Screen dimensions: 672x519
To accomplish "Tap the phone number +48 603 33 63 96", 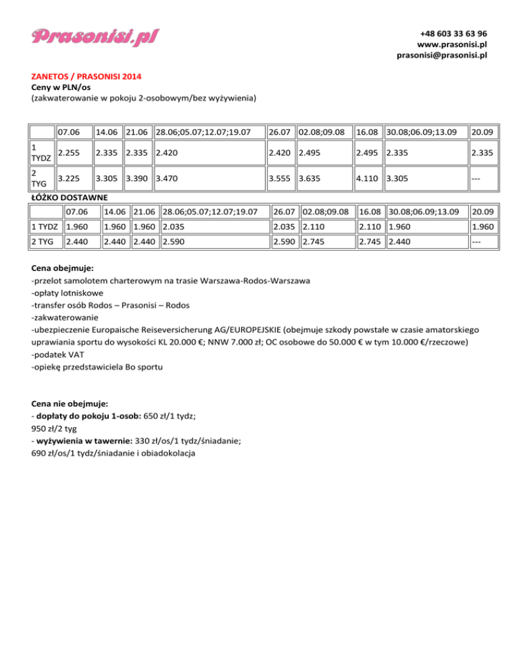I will coord(453,33).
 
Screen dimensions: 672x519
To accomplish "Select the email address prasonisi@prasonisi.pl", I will coord(442,55).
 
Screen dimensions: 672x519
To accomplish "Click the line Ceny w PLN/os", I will coord(59,87).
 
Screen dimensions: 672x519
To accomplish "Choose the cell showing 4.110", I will coord(369,181).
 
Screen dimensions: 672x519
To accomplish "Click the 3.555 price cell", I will coord(280,181).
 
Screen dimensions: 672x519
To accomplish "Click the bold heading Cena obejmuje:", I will coord(66,267).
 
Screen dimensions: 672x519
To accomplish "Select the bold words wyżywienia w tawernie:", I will coord(88,441).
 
